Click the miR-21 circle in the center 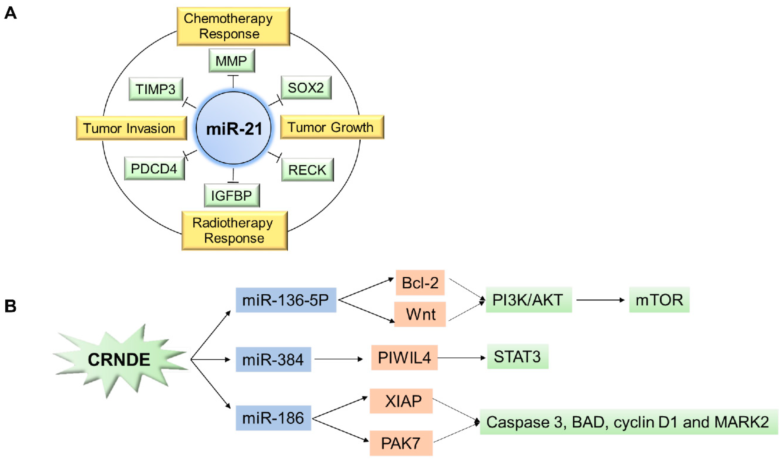(233, 128)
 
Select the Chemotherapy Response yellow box (233, 26)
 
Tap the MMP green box (232, 61)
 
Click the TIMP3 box (156, 89)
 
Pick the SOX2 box (306, 88)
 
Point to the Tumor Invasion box (131, 128)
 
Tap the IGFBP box (232, 196)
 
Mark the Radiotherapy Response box (234, 231)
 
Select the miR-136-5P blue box (286, 300)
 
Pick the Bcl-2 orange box (420, 283)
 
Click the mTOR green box (659, 300)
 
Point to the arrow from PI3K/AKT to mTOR (600, 300)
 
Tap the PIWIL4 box (404, 358)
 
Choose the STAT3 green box (517, 357)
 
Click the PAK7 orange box (401, 443)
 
